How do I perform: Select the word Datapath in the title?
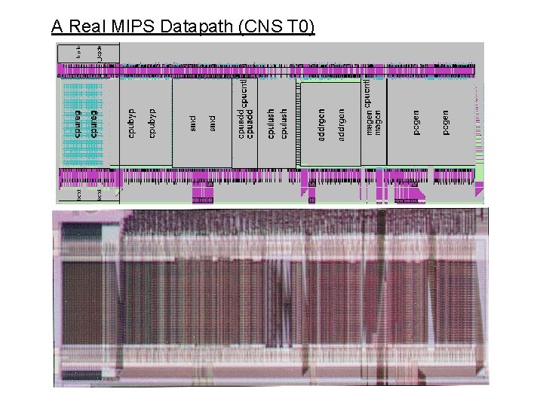pos(175,28)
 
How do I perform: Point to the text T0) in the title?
pos(299,28)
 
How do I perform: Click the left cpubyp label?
pos(133,123)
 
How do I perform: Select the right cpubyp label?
pos(152,123)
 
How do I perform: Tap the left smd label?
pos(193,121)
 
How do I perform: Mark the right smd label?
pos(212,121)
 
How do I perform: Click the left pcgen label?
pos(417,123)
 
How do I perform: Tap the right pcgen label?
pos(446,123)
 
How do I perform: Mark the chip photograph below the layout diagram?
pos(271,297)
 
